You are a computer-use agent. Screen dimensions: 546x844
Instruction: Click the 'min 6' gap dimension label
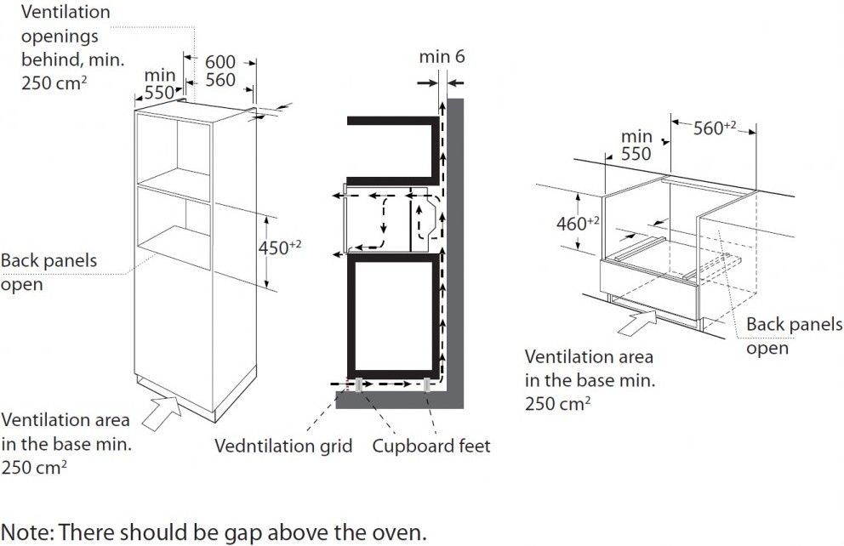[x=442, y=57]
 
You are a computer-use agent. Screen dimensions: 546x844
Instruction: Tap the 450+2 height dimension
[x=280, y=247]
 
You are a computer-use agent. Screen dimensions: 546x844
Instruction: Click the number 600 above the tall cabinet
[x=220, y=63]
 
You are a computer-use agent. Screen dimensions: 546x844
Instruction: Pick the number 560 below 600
[x=220, y=81]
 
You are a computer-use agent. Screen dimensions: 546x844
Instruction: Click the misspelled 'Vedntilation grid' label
[x=283, y=446]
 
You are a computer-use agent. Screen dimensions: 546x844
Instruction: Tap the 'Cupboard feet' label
[x=431, y=446]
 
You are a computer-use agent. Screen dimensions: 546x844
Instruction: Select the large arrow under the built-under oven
[x=636, y=321]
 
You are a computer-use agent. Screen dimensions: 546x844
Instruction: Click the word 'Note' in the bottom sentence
[x=26, y=533]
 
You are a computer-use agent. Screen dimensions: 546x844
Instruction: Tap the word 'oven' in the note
[x=393, y=533]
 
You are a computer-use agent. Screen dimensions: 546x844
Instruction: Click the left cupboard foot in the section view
[x=361, y=384]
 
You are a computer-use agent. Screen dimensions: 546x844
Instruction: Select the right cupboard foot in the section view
[x=425, y=384]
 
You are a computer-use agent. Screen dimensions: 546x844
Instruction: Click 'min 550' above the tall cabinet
[x=158, y=84]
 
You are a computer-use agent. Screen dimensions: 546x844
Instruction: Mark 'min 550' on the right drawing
[x=636, y=145]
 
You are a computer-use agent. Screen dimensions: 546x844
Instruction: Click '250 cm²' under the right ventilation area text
[x=557, y=402]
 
